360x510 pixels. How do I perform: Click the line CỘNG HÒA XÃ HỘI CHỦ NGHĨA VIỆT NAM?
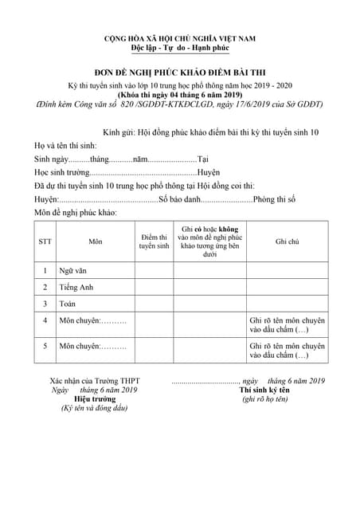click(x=180, y=38)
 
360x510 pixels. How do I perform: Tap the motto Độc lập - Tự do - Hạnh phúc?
click(x=180, y=48)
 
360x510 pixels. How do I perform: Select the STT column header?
click(x=45, y=241)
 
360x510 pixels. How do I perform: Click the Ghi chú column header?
click(x=287, y=241)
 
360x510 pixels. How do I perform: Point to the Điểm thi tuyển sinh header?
click(x=153, y=241)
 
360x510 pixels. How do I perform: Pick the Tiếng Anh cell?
click(x=76, y=288)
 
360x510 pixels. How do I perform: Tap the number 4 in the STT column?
click(x=45, y=320)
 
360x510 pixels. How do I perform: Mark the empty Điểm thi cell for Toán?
click(x=153, y=304)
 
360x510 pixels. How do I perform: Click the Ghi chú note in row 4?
click(x=287, y=324)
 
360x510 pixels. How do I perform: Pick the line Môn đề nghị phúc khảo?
click(x=76, y=213)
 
